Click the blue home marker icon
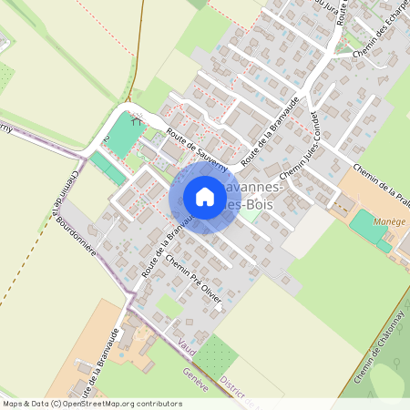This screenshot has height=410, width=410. tap(204, 196)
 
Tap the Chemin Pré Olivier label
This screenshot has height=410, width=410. tap(194, 283)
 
